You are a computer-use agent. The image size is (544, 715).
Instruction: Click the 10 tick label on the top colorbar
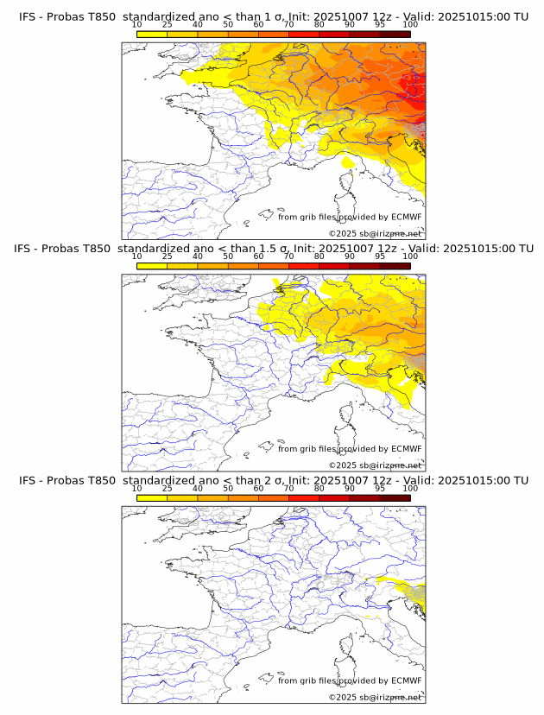point(137,25)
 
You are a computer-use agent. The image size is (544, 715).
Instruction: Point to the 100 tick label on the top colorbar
point(410,25)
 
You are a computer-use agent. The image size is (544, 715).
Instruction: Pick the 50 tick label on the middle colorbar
point(228,256)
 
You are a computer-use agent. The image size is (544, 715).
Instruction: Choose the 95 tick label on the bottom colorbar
point(380,488)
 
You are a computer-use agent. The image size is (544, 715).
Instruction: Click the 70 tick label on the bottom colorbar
point(288,488)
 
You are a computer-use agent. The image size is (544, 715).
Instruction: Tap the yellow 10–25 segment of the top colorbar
point(152,34)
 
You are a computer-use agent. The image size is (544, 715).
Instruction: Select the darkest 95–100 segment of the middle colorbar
point(395,265)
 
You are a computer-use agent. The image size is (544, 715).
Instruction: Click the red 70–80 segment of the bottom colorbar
point(304,497)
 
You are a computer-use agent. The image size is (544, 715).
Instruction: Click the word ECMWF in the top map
point(407,217)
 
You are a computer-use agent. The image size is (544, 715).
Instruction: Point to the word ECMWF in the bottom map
point(407,680)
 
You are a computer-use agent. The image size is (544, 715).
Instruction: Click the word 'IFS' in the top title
point(28,17)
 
